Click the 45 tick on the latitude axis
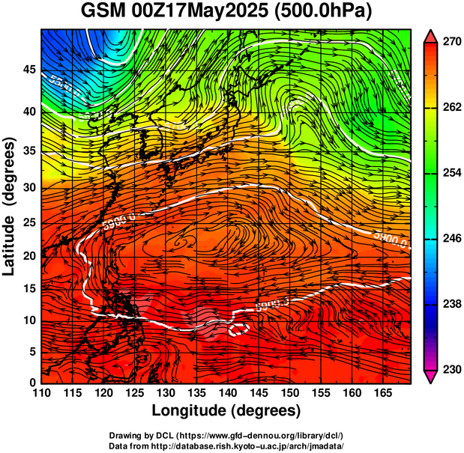click(28, 70)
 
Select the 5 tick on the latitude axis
click(31, 351)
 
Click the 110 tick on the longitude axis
click(41, 393)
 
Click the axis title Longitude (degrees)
click(226, 410)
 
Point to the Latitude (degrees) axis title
click(10, 206)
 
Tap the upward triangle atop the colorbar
click(430, 35)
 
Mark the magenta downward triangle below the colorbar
click(430, 377)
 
